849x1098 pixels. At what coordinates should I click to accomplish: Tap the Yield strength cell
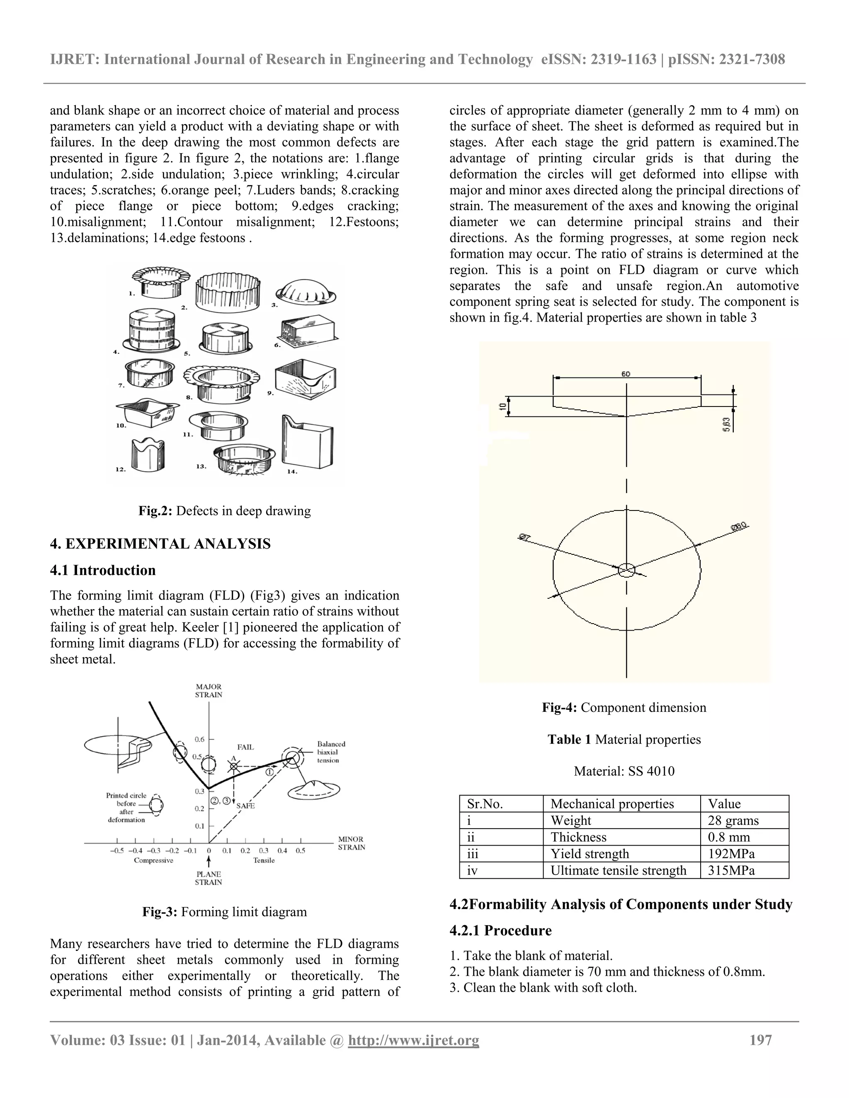pos(589,854)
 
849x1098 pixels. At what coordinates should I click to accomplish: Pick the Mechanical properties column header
pos(612,804)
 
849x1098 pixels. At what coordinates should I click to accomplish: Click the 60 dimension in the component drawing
pos(626,374)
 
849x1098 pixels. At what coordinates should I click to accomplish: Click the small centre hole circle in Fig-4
pos(626,570)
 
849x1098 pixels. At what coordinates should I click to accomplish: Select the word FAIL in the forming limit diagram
pos(245,747)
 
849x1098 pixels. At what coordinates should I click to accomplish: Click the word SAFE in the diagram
pos(245,805)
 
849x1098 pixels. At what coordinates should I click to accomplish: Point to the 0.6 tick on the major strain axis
pos(200,740)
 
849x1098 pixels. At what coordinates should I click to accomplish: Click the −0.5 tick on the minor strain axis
pos(116,851)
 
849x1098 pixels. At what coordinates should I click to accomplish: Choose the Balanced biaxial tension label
pos(331,752)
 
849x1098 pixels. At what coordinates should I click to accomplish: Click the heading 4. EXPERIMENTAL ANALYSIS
pos(160,544)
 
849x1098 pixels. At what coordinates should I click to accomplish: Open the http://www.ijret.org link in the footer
pos(413,1040)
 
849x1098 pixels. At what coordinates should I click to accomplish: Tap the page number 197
pos(760,1040)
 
